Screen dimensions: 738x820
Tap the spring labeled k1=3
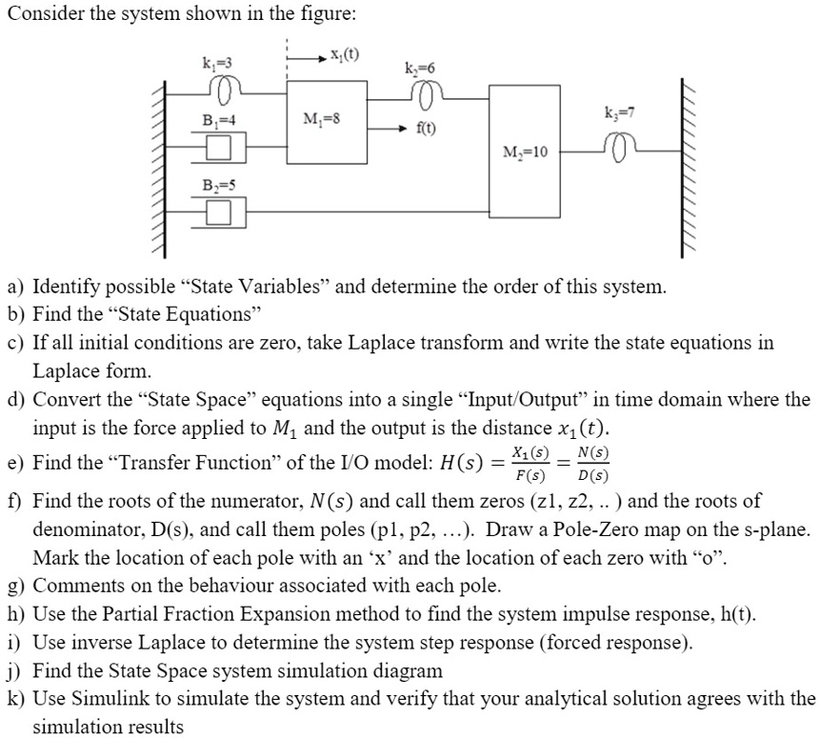point(225,90)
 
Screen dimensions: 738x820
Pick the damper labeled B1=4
point(219,147)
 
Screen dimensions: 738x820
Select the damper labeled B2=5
point(219,209)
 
